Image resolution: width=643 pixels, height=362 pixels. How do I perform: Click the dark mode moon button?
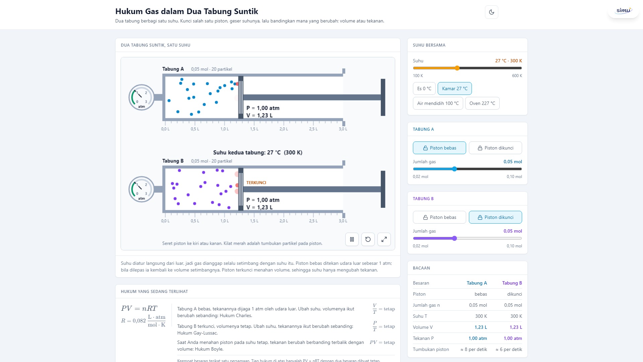tap(491, 12)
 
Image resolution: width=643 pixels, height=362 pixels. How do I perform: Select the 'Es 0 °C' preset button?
tap(424, 88)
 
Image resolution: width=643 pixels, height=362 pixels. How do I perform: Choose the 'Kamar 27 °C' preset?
tap(454, 88)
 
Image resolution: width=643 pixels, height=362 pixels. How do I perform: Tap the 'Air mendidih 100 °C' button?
tap(438, 103)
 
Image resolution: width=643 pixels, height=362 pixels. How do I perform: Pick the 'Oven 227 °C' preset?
tap(482, 103)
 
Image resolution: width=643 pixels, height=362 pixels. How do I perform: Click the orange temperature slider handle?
tap(457, 68)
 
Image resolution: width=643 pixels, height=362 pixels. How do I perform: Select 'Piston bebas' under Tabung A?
tap(439, 148)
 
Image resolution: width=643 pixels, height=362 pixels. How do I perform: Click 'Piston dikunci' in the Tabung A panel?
tap(495, 148)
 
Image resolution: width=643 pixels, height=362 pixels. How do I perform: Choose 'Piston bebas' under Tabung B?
tap(439, 217)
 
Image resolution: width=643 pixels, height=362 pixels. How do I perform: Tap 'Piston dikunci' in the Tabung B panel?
tap(495, 217)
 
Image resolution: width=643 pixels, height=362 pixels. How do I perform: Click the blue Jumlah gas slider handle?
tap(454, 169)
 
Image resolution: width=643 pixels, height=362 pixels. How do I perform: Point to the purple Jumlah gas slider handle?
tap(454, 238)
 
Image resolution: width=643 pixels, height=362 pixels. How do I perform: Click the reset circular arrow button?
tap(368, 239)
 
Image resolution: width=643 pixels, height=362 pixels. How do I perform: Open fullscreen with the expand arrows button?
tap(384, 239)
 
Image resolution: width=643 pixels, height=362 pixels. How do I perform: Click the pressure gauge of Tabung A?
tap(142, 97)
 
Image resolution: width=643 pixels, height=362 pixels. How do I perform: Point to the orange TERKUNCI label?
tap(256, 183)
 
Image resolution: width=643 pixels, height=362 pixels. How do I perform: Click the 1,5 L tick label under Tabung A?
tap(254, 129)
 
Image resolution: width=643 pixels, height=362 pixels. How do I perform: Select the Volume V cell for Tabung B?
tap(516, 327)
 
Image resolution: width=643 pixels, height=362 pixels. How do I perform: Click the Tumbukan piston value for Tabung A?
tap(474, 349)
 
